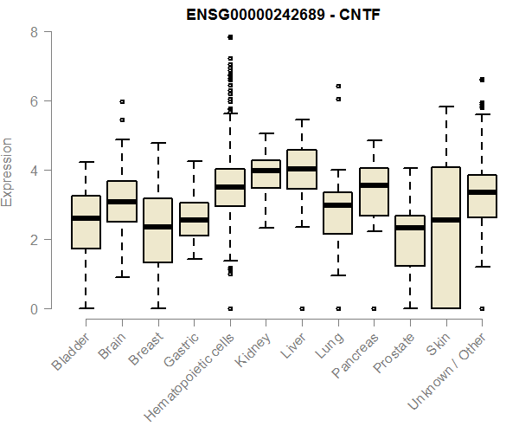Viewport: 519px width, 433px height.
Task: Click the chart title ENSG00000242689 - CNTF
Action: pyautogui.click(x=284, y=15)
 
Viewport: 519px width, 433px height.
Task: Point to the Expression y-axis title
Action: pyautogui.click(x=8, y=171)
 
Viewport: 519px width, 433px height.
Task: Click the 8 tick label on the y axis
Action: pyautogui.click(x=34, y=32)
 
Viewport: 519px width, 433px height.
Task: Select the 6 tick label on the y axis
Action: pyautogui.click(x=34, y=101)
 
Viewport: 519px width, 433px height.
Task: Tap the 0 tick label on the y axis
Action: pyautogui.click(x=34, y=308)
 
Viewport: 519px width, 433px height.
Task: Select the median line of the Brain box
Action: pyautogui.click(x=122, y=202)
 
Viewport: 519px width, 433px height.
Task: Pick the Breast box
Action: pyautogui.click(x=157, y=230)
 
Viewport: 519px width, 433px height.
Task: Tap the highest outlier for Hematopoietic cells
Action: pyautogui.click(x=230, y=37)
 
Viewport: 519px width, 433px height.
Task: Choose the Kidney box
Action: pyautogui.click(x=266, y=174)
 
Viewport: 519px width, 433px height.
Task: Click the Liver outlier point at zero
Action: pyautogui.click(x=302, y=308)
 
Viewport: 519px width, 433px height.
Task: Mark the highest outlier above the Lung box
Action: pyautogui.click(x=338, y=86)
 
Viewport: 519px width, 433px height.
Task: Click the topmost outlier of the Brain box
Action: pyautogui.click(x=122, y=101)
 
